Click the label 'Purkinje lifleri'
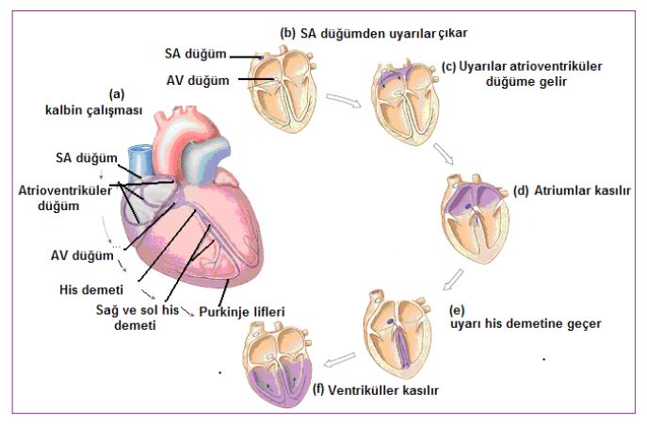tap(242, 310)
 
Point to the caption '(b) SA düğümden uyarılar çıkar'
tap(374, 32)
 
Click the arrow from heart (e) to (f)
tap(339, 359)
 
